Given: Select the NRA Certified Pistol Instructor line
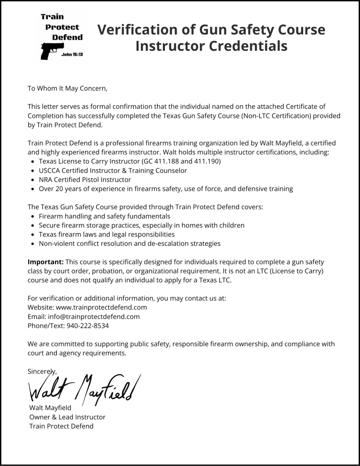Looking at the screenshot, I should point(85,179).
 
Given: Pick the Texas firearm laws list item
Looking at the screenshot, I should point(106,234).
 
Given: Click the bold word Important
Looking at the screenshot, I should point(46,262).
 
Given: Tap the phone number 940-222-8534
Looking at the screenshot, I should point(87,326).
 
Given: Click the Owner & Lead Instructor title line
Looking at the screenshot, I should point(67,417).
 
